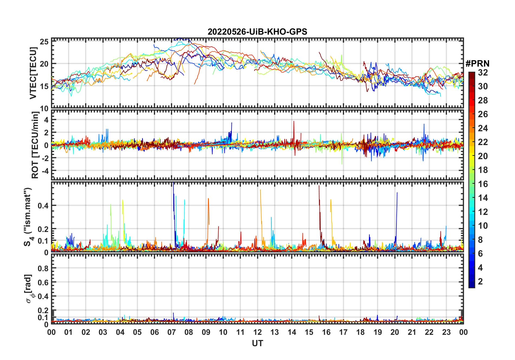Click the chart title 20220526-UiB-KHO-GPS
pyautogui.click(x=257, y=32)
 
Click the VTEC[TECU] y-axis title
pyautogui.click(x=33, y=73)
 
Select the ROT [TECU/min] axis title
pyautogui.click(x=35, y=145)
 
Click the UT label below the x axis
pyautogui.click(x=257, y=343)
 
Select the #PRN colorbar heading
pyautogui.click(x=477, y=64)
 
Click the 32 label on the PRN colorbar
pyautogui.click(x=483, y=73)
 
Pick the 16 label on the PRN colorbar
pyautogui.click(x=483, y=184)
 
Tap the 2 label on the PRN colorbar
pyautogui.click(x=480, y=282)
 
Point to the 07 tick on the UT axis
pyautogui.click(x=172, y=332)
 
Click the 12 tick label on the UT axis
pyautogui.click(x=257, y=332)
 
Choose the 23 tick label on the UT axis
pyautogui.click(x=446, y=332)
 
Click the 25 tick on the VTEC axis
pyautogui.click(x=44, y=42)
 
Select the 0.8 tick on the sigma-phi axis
pyautogui.click(x=43, y=268)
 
